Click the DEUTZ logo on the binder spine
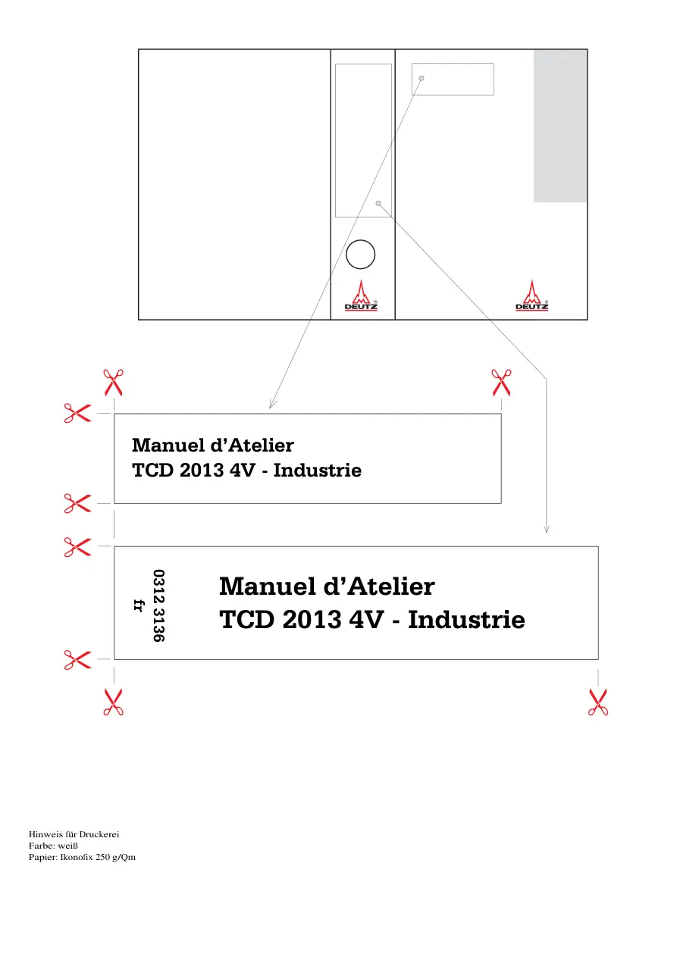pyautogui.click(x=361, y=296)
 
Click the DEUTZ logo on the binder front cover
pyautogui.click(x=531, y=296)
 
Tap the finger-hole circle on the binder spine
pyautogui.click(x=360, y=254)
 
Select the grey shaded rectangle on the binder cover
pyautogui.click(x=559, y=126)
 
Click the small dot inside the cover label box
pyautogui.click(x=422, y=78)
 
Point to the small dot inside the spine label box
pyautogui.click(x=378, y=203)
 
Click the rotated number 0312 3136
pyautogui.click(x=159, y=605)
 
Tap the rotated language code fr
pyautogui.click(x=139, y=605)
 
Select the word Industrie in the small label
pyautogui.click(x=318, y=471)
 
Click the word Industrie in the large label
pyautogui.click(x=466, y=620)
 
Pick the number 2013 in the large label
pyautogui.click(x=312, y=620)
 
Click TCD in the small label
pyautogui.click(x=152, y=471)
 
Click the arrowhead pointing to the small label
pyautogui.click(x=272, y=404)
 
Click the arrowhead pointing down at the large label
pyautogui.click(x=546, y=530)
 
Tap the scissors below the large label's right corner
pyautogui.click(x=598, y=702)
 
